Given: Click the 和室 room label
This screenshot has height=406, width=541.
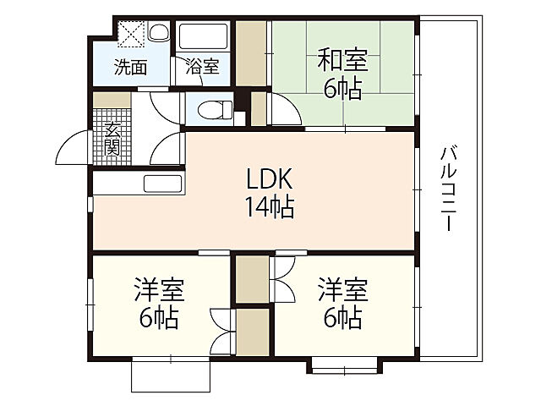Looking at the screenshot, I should click(x=342, y=60).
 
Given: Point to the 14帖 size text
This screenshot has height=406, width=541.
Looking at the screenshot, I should click(x=270, y=207).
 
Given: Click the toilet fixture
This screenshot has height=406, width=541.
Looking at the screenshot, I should click(x=211, y=109).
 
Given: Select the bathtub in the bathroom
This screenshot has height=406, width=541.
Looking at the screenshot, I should click(x=204, y=38).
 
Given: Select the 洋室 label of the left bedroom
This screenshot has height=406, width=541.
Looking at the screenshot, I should click(x=158, y=290).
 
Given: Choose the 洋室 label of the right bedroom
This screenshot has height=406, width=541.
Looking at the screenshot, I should click(x=342, y=290).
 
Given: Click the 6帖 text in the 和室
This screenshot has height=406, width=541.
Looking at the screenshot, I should click(x=342, y=88).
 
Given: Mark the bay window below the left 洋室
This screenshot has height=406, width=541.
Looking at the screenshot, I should click(x=170, y=375).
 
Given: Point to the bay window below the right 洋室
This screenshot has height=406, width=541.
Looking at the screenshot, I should click(x=343, y=365).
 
